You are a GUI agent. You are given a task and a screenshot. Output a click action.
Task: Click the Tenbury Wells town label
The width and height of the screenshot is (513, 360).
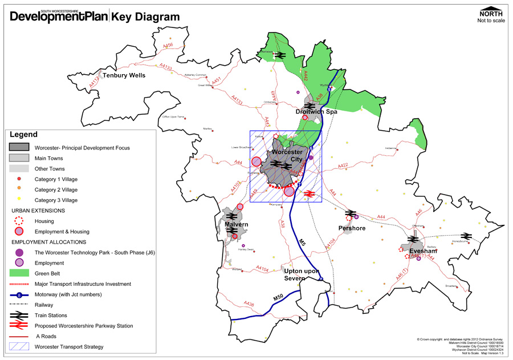[124, 75]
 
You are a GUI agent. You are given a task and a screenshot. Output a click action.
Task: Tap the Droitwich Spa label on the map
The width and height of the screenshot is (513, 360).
[316, 112]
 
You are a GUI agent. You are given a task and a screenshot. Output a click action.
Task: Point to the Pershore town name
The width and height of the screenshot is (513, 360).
[352, 228]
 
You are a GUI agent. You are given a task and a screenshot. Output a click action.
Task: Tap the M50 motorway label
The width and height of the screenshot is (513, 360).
[278, 298]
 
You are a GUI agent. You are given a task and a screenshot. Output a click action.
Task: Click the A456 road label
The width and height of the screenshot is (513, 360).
[168, 46]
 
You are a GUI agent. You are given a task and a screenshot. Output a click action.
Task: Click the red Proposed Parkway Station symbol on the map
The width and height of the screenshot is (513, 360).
[309, 193]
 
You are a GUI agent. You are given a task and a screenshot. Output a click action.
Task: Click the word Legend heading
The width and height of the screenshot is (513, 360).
[23, 135]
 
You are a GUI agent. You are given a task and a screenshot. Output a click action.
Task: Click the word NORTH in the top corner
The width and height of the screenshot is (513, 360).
[491, 14]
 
